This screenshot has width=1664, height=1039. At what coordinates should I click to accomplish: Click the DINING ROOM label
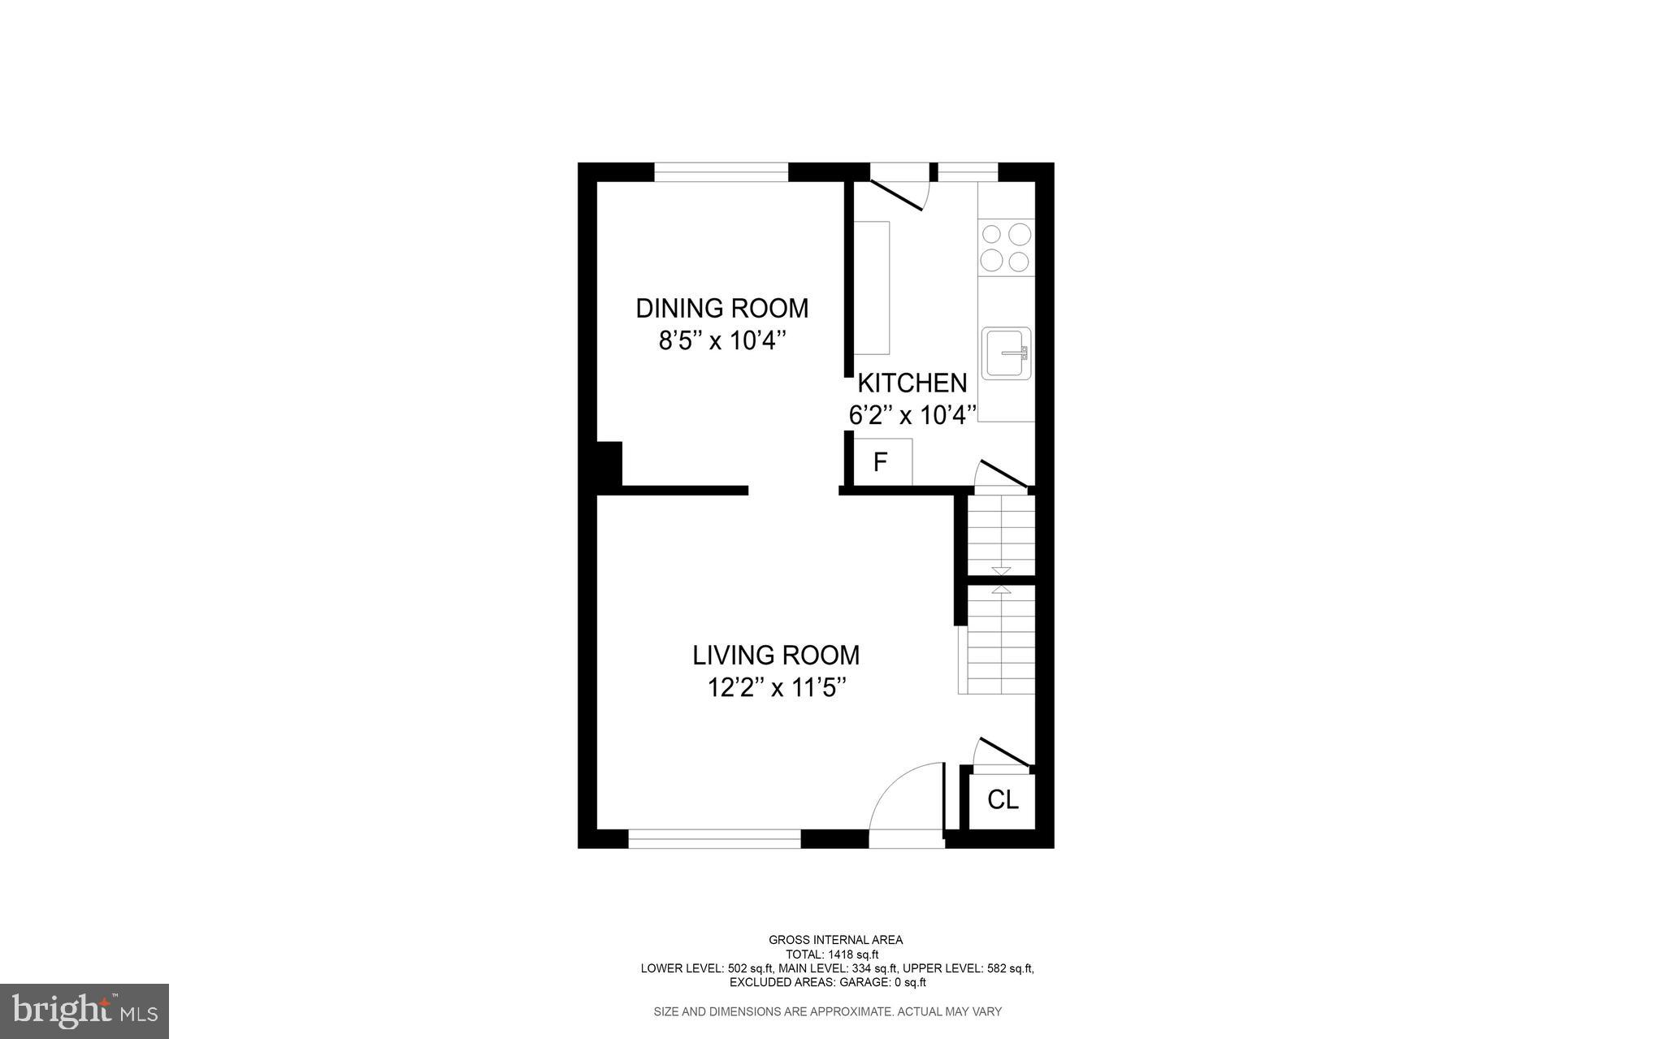[721, 309]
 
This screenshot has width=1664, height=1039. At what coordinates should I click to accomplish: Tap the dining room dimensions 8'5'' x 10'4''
[721, 340]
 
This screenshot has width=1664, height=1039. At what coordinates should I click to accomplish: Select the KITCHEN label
[912, 383]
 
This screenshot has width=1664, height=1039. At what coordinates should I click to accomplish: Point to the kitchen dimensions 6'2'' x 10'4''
[912, 415]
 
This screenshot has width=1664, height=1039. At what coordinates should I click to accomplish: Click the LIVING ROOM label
[775, 655]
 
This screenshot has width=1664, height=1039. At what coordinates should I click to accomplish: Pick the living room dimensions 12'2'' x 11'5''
[775, 688]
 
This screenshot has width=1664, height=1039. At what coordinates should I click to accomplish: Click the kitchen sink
[1006, 353]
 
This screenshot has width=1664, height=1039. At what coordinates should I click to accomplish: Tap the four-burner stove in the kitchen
[1006, 248]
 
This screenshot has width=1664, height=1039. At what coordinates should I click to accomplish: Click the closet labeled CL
[1003, 800]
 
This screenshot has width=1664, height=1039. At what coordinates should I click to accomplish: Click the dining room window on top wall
[721, 172]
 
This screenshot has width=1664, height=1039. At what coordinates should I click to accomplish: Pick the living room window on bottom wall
[714, 839]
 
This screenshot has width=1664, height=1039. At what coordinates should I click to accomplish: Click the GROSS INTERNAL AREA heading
[835, 940]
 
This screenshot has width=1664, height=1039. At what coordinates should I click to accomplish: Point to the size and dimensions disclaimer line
[827, 1011]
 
